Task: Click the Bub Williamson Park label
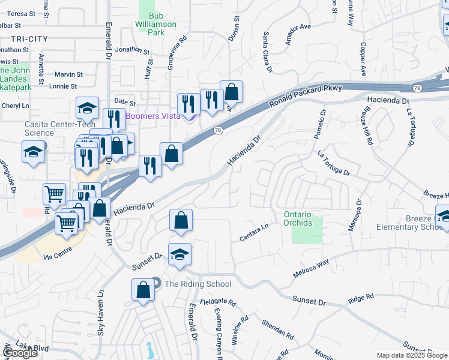tap(157, 24)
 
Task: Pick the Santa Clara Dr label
tap(268, 53)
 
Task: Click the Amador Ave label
tap(298, 35)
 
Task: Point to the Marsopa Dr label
tap(355, 215)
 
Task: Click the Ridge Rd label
tap(361, 297)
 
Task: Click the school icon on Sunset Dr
tap(179, 255)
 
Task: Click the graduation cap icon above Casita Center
tap(87, 109)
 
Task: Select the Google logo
tap(20, 353)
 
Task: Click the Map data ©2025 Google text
tap(412, 355)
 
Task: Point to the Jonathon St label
tap(131, 50)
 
